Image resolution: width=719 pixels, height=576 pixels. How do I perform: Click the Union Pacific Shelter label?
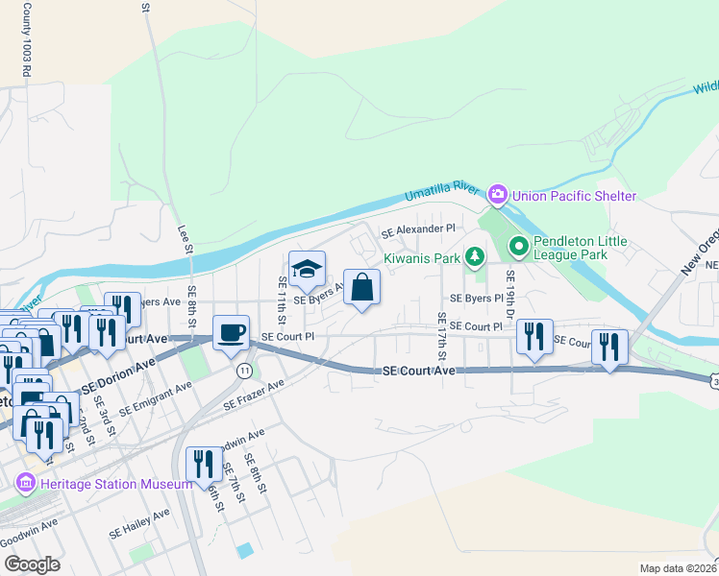574,196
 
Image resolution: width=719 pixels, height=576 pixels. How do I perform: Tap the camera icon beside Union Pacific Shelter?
498,196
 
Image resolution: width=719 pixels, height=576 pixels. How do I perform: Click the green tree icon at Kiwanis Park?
473,257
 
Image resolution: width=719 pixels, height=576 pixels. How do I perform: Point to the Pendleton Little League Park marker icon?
519,248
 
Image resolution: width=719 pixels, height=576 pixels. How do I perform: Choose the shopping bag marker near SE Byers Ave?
361,287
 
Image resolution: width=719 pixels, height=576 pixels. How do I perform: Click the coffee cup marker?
231,332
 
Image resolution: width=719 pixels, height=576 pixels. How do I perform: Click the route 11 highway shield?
245,370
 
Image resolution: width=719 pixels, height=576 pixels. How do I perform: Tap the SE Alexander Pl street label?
418,230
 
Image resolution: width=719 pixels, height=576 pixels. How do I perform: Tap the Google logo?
31,564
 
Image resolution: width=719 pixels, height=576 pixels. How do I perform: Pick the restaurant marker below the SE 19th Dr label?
534,337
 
